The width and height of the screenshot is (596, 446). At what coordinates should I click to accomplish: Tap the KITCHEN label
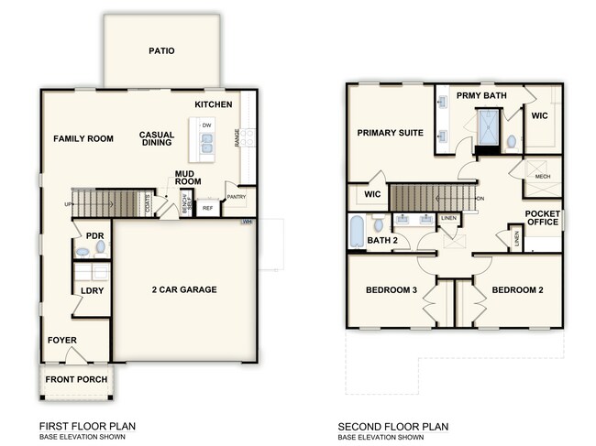pyautogui.click(x=213, y=104)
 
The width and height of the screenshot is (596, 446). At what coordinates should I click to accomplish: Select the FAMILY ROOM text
pyautogui.click(x=83, y=139)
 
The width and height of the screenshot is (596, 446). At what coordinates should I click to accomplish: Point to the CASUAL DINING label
pyautogui.click(x=157, y=139)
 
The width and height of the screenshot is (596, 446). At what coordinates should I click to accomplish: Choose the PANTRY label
pyautogui.click(x=236, y=197)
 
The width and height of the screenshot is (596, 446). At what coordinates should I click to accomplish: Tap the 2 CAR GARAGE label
pyautogui.click(x=183, y=289)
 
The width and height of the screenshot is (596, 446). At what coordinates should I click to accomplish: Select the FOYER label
pyautogui.click(x=62, y=341)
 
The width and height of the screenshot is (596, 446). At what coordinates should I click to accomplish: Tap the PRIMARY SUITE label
pyautogui.click(x=390, y=133)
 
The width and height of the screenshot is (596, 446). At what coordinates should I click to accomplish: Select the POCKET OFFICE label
pyautogui.click(x=542, y=219)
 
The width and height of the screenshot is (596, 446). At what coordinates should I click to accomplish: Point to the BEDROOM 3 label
pyautogui.click(x=392, y=290)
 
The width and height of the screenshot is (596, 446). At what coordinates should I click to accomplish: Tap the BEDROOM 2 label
pyautogui.click(x=518, y=290)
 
